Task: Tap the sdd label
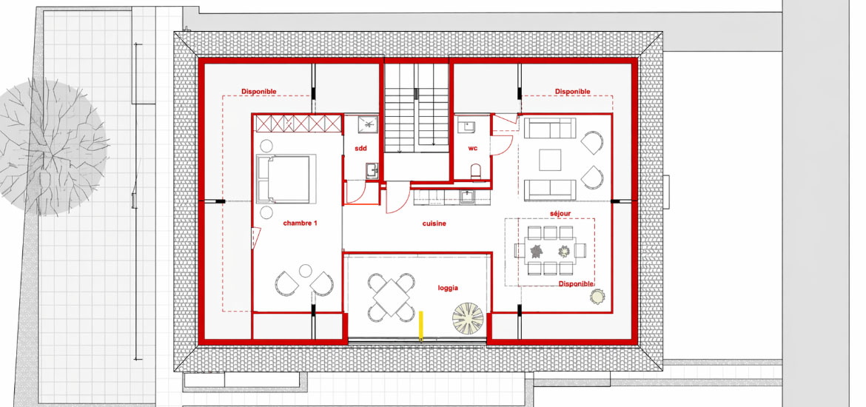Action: point(360,149)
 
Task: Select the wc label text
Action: point(473,149)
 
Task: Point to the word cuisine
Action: point(434,223)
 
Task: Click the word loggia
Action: point(448,288)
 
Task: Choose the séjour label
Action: point(560,212)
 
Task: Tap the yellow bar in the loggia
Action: point(421,326)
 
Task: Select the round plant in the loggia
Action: point(468,318)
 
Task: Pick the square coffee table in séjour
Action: point(550,160)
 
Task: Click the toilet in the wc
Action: point(476,172)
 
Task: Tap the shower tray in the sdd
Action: point(365,125)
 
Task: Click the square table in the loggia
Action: point(391,297)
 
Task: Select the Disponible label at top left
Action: point(258,92)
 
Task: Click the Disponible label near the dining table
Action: point(576,284)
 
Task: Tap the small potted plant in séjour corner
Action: point(597,297)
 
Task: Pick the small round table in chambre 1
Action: point(306,271)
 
